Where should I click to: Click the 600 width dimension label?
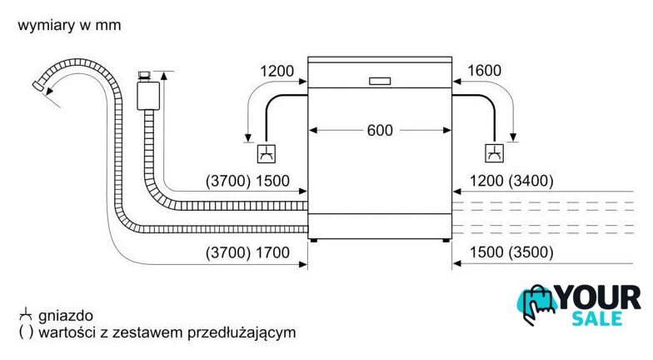[x=380, y=130]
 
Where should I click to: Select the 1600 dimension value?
[x=485, y=70]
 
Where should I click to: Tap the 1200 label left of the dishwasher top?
[x=277, y=71]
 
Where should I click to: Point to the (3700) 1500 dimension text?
[x=248, y=181]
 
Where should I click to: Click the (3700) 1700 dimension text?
[x=248, y=252]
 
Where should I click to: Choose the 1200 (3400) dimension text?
[x=511, y=181]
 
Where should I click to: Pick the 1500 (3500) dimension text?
[x=511, y=252]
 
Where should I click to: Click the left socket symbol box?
[x=267, y=153]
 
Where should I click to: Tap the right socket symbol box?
[x=495, y=153]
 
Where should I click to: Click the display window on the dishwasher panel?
[x=380, y=82]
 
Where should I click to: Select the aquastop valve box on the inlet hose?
[x=148, y=96]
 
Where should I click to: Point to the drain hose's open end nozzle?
[x=37, y=86]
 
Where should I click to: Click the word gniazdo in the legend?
[x=66, y=316]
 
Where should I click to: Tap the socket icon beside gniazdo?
[x=26, y=315]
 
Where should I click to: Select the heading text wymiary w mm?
[x=70, y=25]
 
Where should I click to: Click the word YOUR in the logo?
[x=599, y=298]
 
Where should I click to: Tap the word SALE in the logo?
[x=597, y=318]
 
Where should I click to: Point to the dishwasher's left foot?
[x=313, y=240]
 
